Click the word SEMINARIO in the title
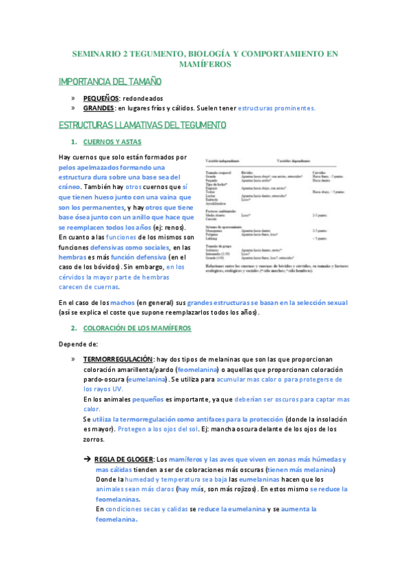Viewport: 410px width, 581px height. (x=97, y=53)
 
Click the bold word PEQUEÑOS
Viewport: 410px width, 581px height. (x=101, y=99)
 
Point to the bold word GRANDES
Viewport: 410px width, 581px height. (x=99, y=108)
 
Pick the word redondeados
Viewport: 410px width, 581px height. (x=143, y=99)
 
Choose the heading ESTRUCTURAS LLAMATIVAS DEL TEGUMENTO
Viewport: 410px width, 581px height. (x=147, y=125)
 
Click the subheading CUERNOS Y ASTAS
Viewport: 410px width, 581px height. (x=112, y=143)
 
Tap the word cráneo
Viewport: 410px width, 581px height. (x=69, y=186)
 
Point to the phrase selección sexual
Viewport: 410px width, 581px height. (x=321, y=302)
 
